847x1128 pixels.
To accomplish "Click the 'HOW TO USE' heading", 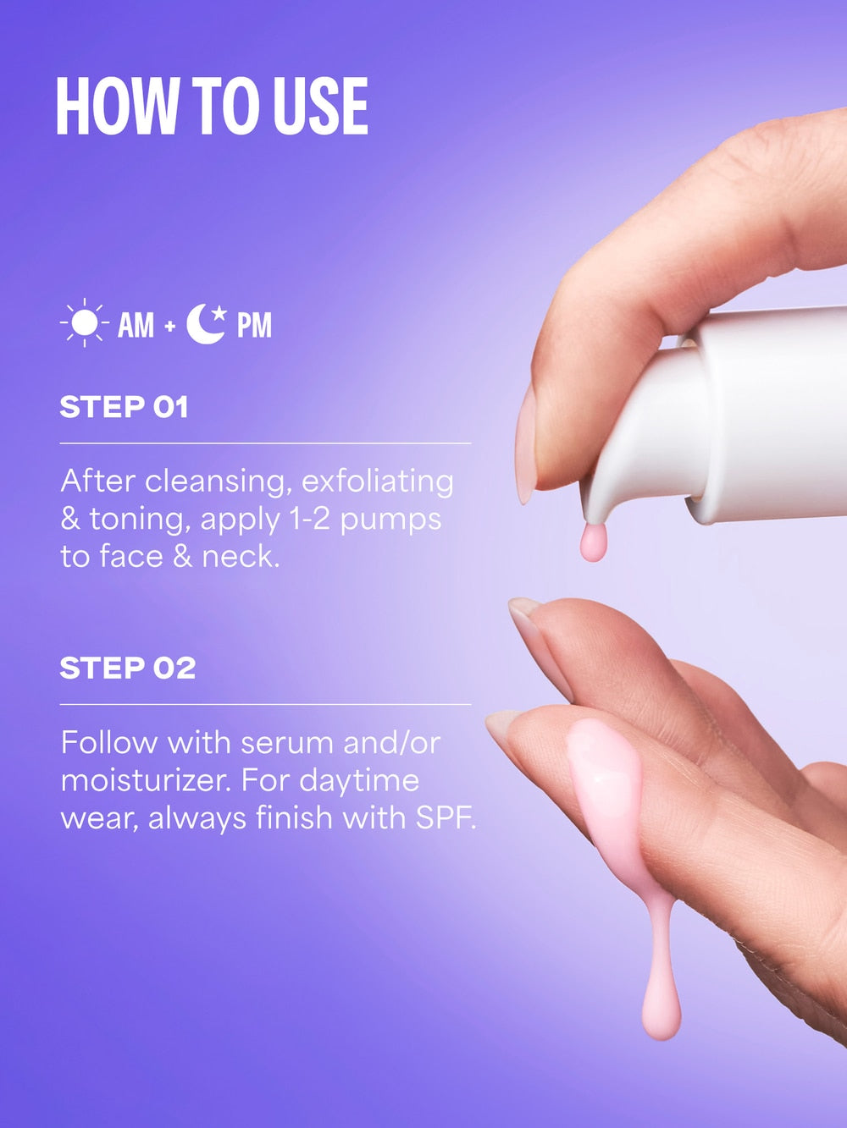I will pos(212,107).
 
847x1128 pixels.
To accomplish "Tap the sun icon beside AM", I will pos(85,323).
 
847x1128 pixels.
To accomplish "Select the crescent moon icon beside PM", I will pos(206,323).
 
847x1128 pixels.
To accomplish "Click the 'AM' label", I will pos(136,325).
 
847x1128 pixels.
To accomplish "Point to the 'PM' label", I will pos(254,325).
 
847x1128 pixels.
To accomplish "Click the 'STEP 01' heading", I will pos(124,407).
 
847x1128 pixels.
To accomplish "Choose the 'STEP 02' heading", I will pos(128,669).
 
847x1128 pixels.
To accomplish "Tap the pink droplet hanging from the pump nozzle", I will pos(593,542).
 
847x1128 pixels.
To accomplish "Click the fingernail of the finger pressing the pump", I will pos(525,444).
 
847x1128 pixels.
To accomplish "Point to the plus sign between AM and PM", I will pos(170,326).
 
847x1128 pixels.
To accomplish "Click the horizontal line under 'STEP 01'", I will pos(265,443).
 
